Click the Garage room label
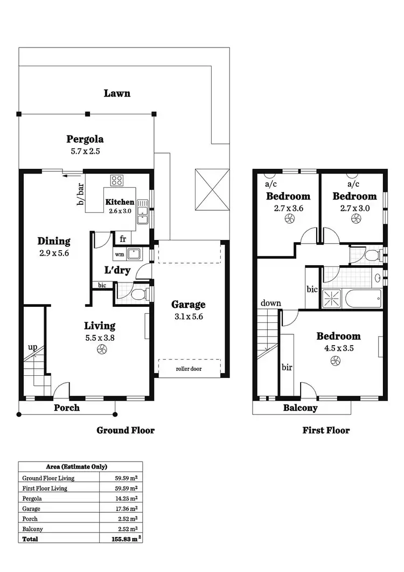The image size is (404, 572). [x=188, y=305]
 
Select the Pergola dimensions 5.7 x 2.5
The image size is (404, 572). [x=85, y=151]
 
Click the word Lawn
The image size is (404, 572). [x=117, y=93]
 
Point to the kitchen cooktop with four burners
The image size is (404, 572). [x=117, y=181]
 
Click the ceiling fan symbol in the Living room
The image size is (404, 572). [x=101, y=350]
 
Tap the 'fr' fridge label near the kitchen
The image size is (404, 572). [x=123, y=239]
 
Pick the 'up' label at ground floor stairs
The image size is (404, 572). [x=32, y=347]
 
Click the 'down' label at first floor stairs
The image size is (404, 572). [x=270, y=303]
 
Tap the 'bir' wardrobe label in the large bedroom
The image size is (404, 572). [x=287, y=367]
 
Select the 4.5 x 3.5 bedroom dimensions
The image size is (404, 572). [x=338, y=348]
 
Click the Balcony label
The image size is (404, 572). [x=300, y=408]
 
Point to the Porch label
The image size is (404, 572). [x=67, y=408]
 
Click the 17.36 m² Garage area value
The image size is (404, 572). [x=127, y=508]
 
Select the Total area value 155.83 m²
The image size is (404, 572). [x=124, y=539]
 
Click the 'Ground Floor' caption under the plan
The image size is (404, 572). [x=125, y=430]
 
